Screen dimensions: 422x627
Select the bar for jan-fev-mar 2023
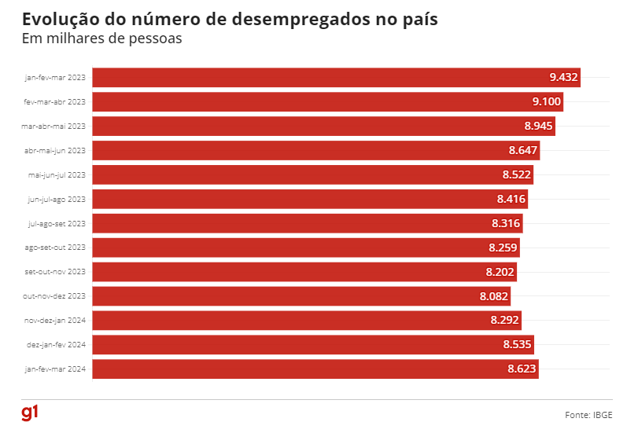315,77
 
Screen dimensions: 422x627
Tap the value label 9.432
563,77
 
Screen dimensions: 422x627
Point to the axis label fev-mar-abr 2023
55,101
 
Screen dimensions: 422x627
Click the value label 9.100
546,101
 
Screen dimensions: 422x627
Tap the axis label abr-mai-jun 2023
55,150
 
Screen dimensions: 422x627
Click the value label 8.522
516,174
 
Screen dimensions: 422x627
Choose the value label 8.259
503,248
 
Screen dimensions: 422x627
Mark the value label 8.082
494,296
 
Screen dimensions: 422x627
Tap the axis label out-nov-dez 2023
54,296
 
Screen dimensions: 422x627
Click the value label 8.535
516,344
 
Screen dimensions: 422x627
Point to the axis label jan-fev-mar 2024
56,369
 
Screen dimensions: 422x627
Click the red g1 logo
29,412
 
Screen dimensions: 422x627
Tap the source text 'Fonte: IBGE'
588,414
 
